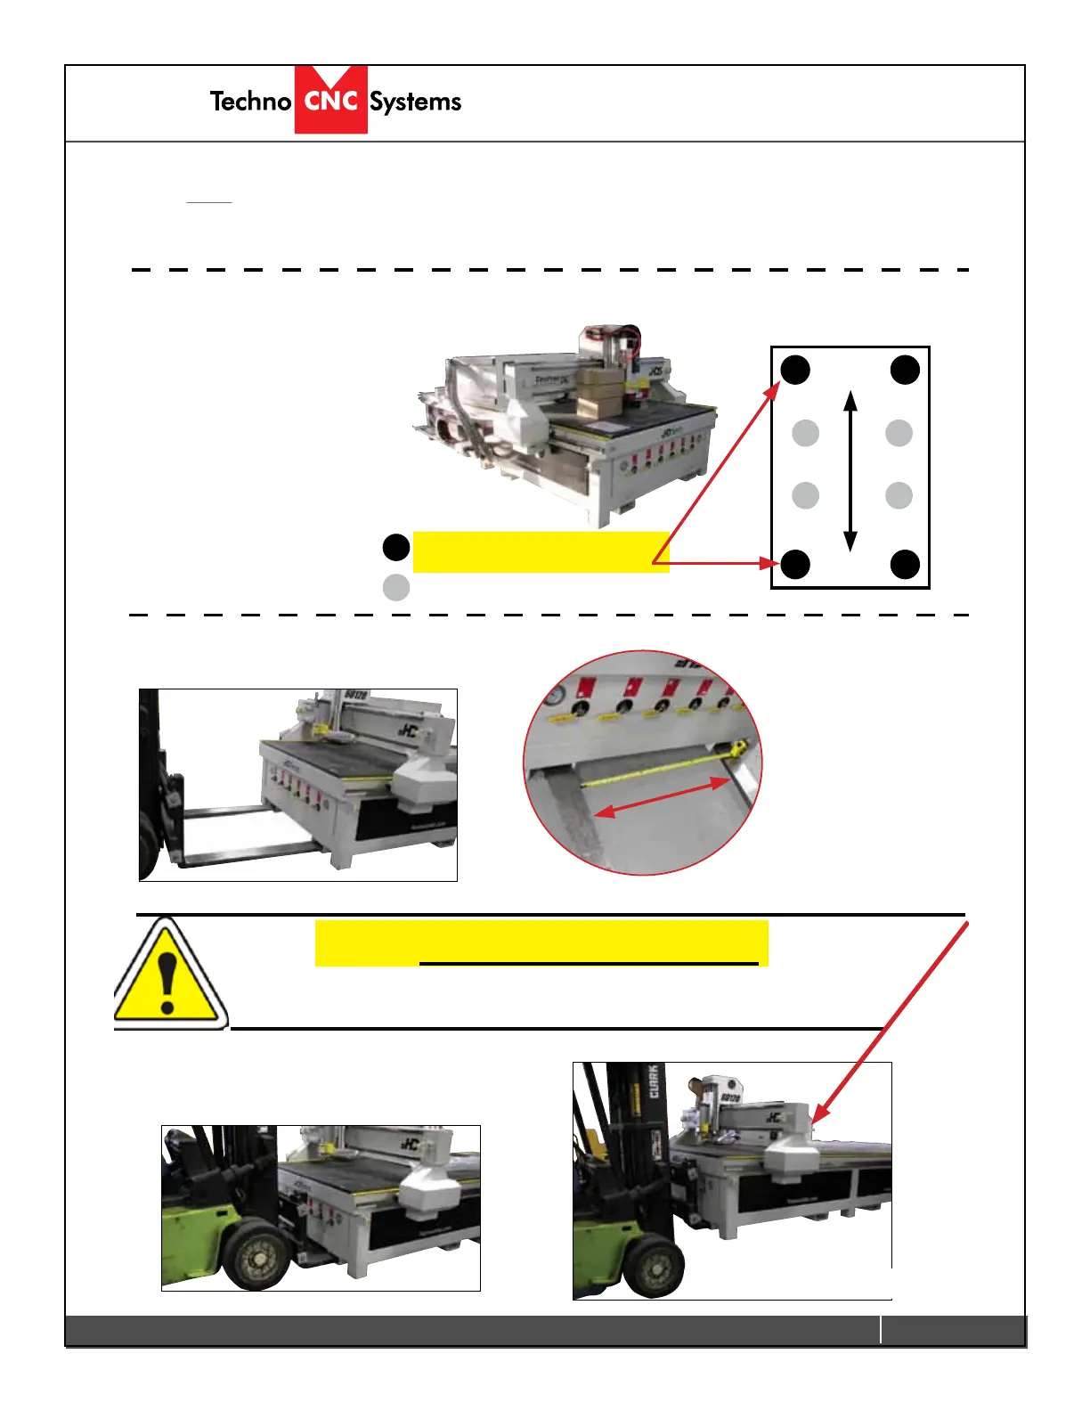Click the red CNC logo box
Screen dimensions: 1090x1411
coord(330,101)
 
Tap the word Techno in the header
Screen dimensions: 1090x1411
coord(250,102)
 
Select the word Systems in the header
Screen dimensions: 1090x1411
coord(415,102)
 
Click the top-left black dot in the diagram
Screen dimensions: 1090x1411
coord(795,369)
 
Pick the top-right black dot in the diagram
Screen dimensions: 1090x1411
coord(905,369)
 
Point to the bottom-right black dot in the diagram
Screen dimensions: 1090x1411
coord(905,564)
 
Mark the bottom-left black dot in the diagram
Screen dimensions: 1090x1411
coord(795,564)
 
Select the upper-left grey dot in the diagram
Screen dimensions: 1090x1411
coord(805,433)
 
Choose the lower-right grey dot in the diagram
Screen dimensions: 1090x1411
coord(899,495)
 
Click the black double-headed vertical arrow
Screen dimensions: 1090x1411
coord(850,470)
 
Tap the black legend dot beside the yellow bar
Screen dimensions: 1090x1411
coord(395,547)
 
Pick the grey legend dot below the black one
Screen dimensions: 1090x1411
coord(395,587)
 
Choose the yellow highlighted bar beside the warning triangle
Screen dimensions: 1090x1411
coord(541,942)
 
